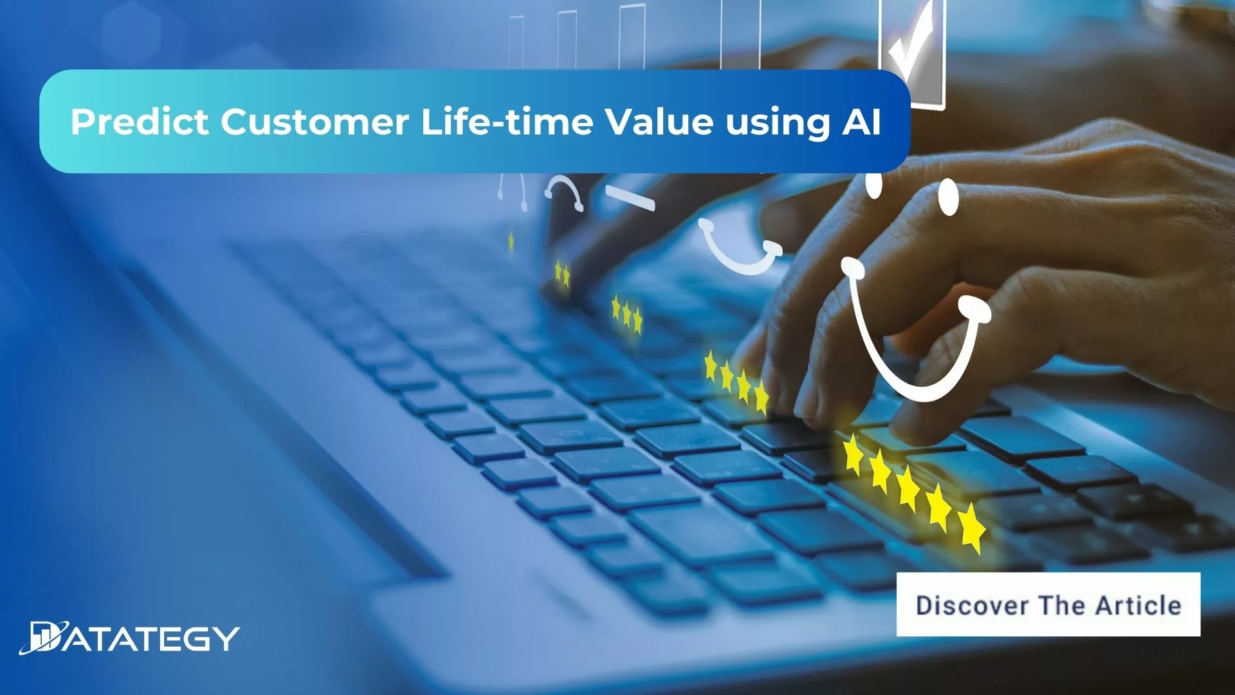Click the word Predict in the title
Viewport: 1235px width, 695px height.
click(x=139, y=122)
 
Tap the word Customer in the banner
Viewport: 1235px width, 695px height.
click(x=315, y=122)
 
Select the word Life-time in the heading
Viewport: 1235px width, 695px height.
click(x=507, y=122)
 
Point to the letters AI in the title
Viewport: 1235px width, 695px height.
click(x=861, y=122)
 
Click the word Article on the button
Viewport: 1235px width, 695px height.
click(x=1138, y=606)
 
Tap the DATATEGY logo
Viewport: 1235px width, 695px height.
click(x=129, y=638)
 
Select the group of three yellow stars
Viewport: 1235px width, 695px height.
click(x=627, y=314)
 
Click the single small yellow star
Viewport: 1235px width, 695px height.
click(x=511, y=241)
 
